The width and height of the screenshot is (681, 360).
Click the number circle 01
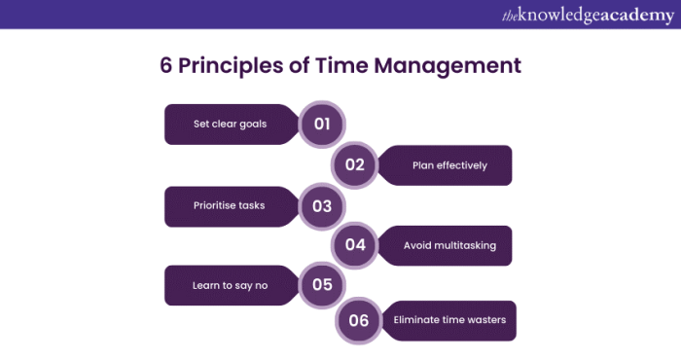(x=323, y=125)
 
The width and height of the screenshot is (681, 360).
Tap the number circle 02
(x=354, y=164)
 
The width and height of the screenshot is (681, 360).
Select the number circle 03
(x=323, y=206)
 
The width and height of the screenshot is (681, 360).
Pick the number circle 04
(x=354, y=245)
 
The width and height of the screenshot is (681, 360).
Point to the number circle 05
(x=323, y=285)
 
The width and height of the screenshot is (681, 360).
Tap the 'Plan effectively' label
(x=448, y=165)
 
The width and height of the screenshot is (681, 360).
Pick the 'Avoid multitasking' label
(x=449, y=245)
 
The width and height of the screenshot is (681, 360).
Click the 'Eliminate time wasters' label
(x=449, y=320)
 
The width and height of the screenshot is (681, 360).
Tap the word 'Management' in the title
(x=451, y=66)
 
